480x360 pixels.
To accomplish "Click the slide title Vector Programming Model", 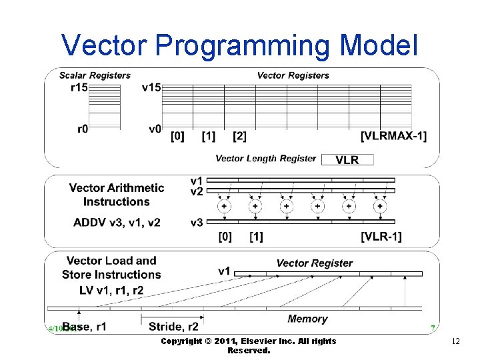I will coord(239,45).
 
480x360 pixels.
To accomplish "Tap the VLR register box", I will coord(347,159).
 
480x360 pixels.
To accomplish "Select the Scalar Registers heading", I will coord(95,75).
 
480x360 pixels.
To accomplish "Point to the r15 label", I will coord(79,88).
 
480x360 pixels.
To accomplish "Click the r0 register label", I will coord(81,129).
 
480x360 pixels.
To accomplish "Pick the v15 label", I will coord(151,88).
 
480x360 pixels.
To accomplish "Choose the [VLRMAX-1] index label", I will coord(393,136).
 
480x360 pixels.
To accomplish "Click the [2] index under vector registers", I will coord(239,136).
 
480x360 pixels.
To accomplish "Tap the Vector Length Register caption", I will coord(265,159).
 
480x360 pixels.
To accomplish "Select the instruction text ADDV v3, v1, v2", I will coord(116,222).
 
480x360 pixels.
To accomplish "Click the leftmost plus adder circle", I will coord(225,207).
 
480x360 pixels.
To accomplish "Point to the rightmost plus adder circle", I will coord(380,207).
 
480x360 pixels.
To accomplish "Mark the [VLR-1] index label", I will coord(381,237).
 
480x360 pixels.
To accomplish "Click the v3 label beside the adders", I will coord(197,222).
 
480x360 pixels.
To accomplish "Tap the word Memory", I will coord(307,319).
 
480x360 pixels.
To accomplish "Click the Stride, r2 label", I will coord(173,326).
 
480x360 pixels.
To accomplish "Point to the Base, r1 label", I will coord(85,326).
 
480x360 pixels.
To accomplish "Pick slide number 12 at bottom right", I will coord(456,341).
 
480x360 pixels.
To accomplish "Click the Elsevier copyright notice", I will coord(249,345).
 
